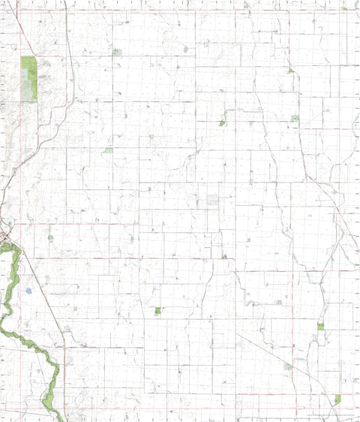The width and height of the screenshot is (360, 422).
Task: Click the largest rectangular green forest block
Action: (x=28, y=78)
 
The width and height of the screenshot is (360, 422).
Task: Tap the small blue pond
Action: (x=28, y=291)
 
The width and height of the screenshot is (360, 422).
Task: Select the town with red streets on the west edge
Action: (x=5, y=239)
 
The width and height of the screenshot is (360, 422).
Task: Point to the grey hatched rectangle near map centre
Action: (x=213, y=200)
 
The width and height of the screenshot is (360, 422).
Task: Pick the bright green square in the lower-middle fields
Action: (x=157, y=310)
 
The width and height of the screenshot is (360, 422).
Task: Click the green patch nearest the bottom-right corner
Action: (x=337, y=399)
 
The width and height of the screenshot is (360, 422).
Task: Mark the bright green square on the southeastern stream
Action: (x=320, y=327)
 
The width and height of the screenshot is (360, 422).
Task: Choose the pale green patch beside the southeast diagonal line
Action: (x=288, y=366)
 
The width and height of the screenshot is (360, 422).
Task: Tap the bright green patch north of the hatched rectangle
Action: (x=222, y=122)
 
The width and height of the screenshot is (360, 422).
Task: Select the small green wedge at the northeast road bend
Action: (x=290, y=71)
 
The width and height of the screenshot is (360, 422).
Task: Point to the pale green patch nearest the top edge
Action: (x=116, y=53)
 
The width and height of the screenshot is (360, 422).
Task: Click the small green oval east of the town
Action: (x=50, y=238)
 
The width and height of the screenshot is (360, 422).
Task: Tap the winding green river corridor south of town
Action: (x=11, y=300)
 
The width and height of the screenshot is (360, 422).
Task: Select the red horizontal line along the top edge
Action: (x=180, y=10)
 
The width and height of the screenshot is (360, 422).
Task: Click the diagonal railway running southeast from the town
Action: (x=41, y=293)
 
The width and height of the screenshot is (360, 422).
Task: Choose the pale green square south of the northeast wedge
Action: (x=295, y=118)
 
